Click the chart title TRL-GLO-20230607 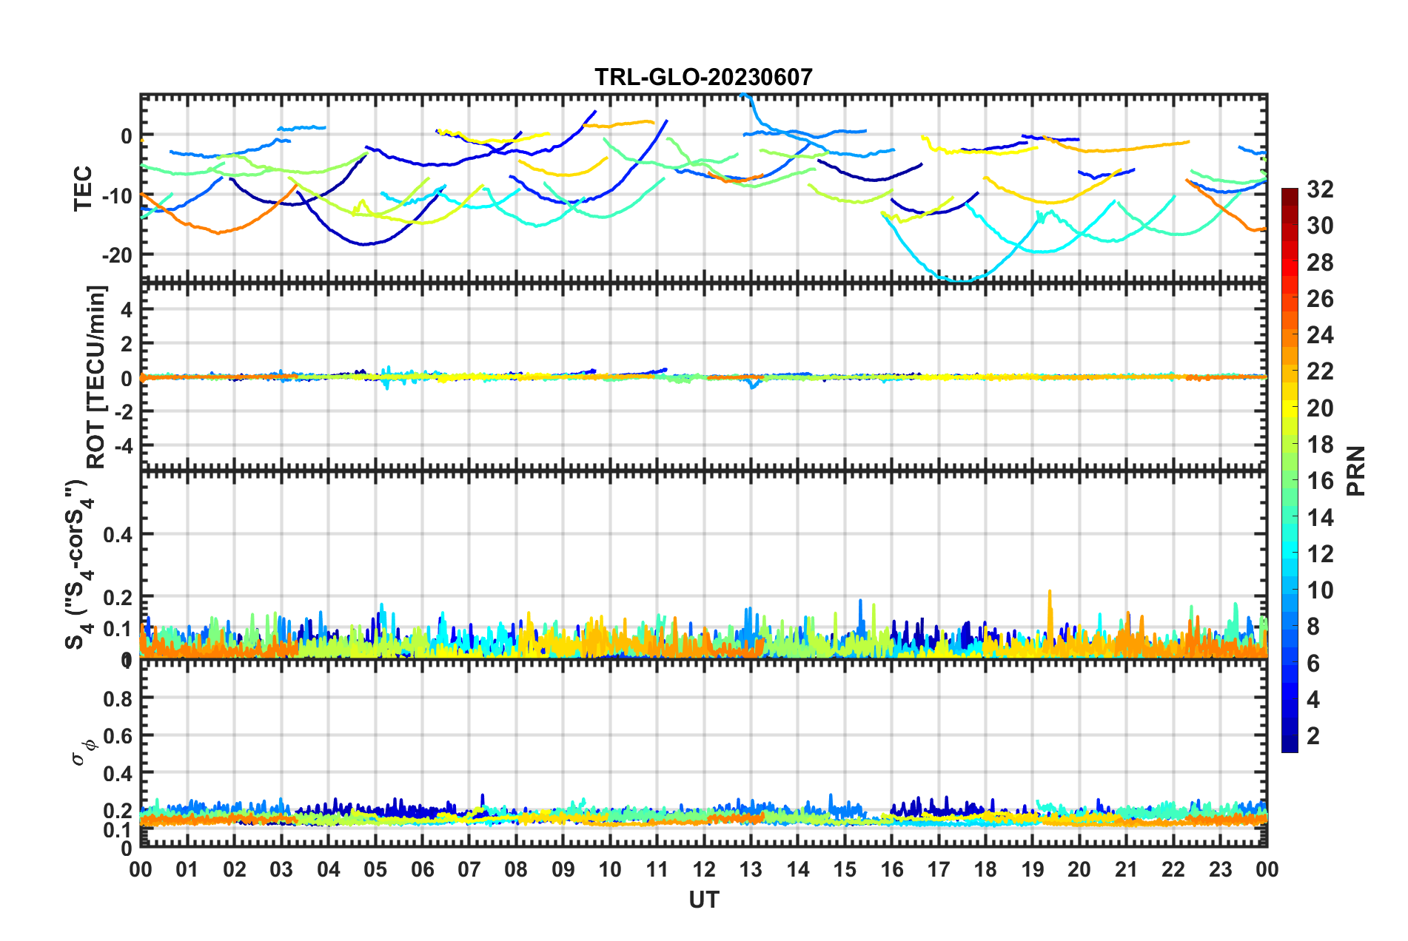(x=703, y=77)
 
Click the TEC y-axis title (x=83, y=189)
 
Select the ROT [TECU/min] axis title (x=97, y=377)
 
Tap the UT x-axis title (x=703, y=900)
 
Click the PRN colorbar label (x=1356, y=471)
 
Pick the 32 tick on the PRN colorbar (x=1319, y=190)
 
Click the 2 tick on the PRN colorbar (x=1313, y=735)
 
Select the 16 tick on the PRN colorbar (x=1319, y=481)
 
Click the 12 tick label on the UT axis (x=704, y=869)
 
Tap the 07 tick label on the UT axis (x=469, y=869)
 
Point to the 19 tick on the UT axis (x=1033, y=869)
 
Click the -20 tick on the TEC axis (x=117, y=255)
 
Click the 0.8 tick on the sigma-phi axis (x=118, y=698)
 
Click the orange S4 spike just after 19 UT (x=1050, y=593)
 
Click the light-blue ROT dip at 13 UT (x=753, y=385)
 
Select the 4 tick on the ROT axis (x=127, y=310)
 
